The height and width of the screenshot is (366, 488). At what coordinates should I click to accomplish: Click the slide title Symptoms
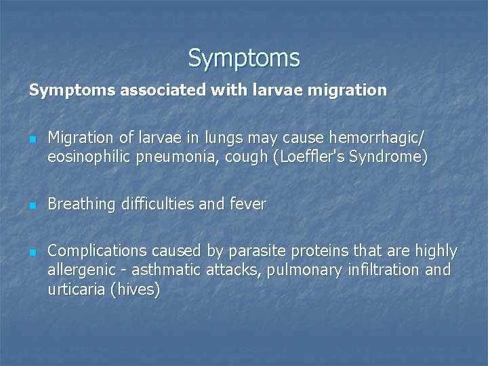244,58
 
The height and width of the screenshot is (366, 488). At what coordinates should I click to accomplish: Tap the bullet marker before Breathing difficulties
32,205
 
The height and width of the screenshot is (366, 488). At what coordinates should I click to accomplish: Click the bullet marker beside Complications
32,252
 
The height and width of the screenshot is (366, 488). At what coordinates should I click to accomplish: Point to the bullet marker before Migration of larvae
32,138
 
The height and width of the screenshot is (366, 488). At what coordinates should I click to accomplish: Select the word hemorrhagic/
377,138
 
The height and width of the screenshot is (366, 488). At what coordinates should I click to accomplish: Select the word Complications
91,251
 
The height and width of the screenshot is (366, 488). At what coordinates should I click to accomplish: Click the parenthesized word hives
138,291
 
